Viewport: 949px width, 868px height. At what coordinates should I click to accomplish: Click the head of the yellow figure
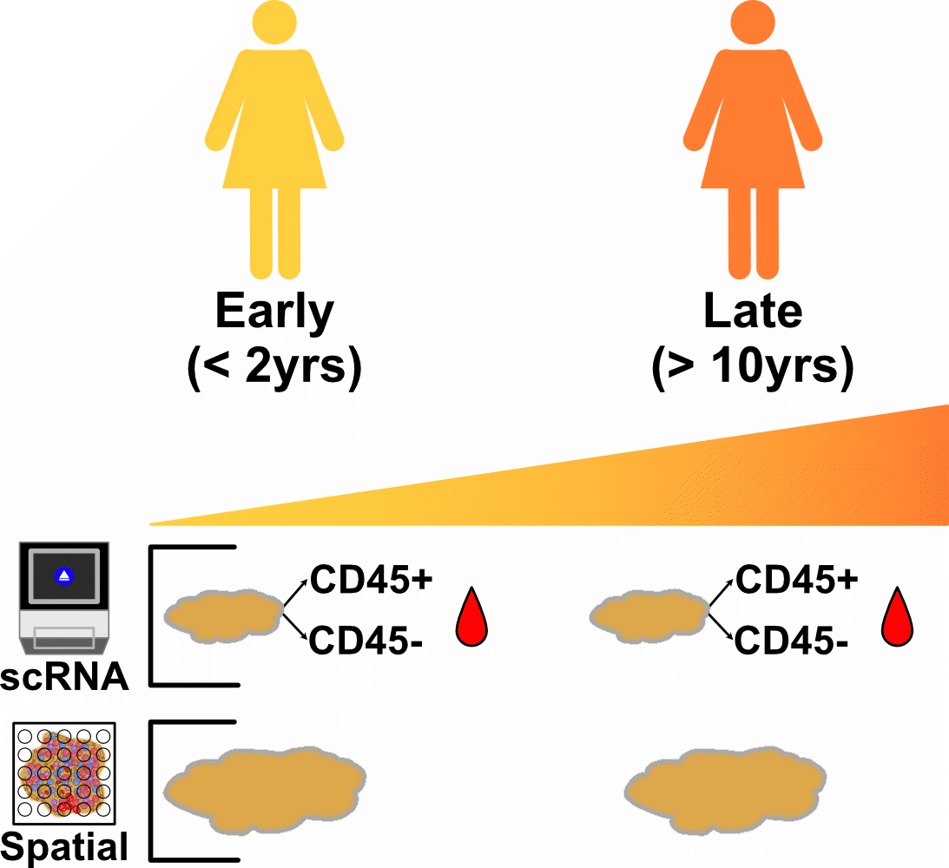coord(274,22)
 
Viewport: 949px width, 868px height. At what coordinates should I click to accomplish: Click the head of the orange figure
coord(752,22)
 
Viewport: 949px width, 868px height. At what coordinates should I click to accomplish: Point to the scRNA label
coord(64,678)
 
